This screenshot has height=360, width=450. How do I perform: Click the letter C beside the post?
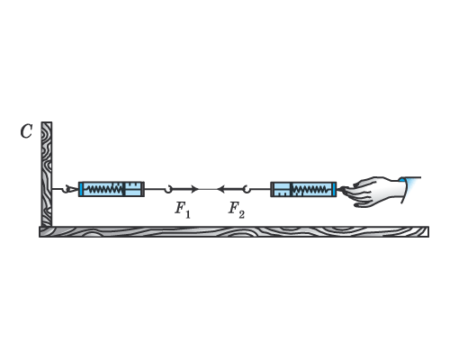26,131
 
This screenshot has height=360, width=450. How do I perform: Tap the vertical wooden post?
47,174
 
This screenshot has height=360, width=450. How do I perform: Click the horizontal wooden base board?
234,232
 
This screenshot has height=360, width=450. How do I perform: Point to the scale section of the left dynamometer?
134,189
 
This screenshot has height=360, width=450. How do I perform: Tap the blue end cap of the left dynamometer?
81,189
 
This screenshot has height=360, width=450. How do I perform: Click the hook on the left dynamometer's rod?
168,189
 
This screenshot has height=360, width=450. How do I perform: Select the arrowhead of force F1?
195,189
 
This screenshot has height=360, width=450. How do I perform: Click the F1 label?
183,210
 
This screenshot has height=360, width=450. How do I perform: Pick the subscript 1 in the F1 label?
187,214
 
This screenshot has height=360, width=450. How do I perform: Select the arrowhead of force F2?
220,189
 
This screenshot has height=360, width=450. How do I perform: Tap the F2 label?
237,210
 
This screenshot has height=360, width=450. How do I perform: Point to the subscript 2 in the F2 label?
241,214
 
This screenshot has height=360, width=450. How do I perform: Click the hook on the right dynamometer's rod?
247,189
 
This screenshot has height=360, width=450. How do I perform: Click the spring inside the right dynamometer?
310,189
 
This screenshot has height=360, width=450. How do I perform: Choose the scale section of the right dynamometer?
281,189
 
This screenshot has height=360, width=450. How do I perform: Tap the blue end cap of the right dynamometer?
333,189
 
